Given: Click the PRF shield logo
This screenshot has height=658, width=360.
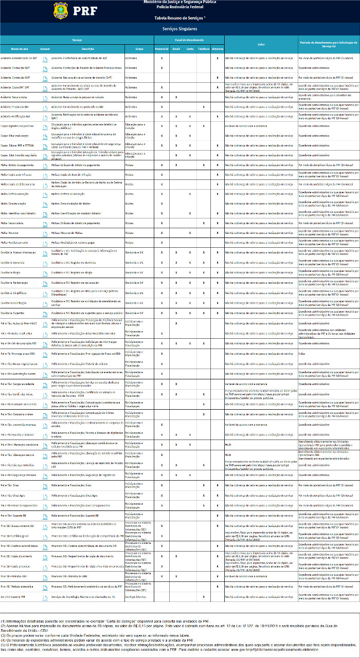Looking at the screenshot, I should tap(60, 10).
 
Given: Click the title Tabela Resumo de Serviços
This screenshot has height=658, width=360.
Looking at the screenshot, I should tap(179, 18).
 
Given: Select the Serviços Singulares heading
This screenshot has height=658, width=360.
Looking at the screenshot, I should tap(179, 29).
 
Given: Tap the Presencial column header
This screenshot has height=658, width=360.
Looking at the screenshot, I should tap(161, 49).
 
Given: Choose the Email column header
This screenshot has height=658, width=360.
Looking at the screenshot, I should tap(176, 49).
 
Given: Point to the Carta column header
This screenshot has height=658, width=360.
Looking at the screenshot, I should tap(190, 49).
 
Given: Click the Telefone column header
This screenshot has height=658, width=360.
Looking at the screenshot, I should tap(204, 49).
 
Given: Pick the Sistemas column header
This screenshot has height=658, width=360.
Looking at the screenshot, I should tap(218, 49).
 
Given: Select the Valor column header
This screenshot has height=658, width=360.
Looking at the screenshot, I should tap(261, 44).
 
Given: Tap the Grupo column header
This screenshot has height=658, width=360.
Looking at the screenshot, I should tap(139, 49).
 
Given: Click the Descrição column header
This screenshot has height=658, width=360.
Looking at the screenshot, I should tap(88, 49).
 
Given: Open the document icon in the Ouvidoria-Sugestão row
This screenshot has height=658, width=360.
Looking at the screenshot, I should tap(45, 313).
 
